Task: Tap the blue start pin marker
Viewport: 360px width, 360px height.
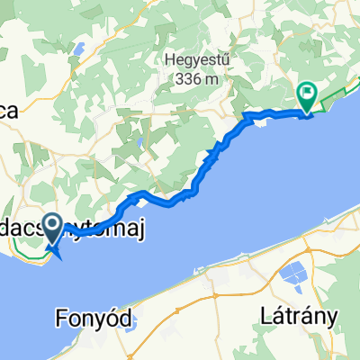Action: tap(52, 229)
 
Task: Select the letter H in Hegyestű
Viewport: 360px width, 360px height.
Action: tap(168, 61)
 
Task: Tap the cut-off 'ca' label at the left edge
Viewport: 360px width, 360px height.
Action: tap(9, 111)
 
